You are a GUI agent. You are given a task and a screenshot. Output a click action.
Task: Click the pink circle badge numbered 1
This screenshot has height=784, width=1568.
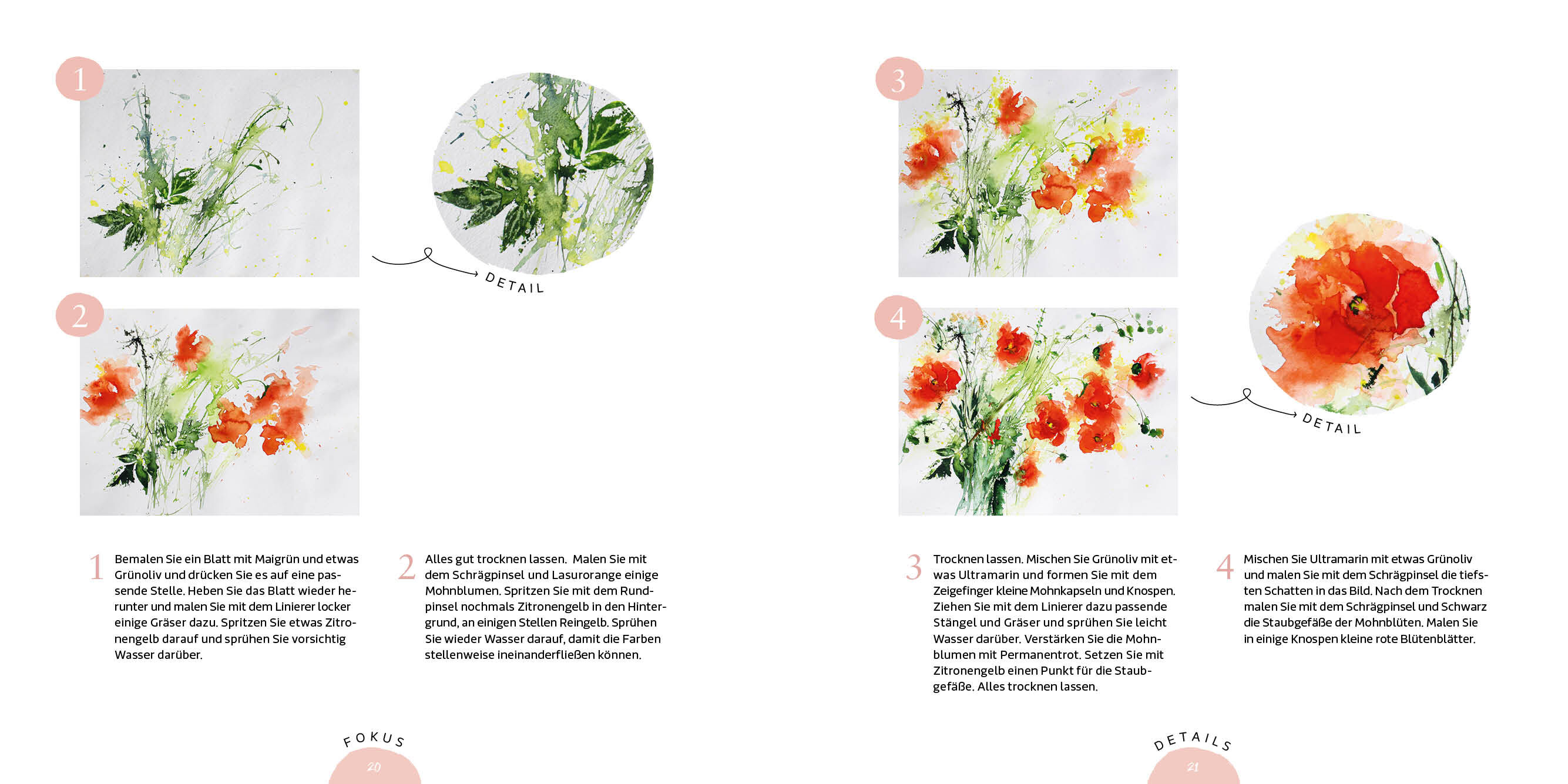(80, 79)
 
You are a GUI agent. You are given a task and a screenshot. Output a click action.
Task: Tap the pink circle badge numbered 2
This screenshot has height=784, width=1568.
(80, 315)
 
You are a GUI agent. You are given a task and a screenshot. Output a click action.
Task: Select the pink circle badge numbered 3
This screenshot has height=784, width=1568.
(899, 79)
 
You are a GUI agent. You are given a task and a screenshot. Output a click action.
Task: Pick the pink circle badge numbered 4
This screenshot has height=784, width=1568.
(898, 317)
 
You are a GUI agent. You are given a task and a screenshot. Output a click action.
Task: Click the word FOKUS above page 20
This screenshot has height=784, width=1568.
(374, 739)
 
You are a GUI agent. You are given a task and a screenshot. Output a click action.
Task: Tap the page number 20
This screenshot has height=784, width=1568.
(374, 767)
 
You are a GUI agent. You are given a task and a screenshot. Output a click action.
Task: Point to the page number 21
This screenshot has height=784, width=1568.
(1193, 767)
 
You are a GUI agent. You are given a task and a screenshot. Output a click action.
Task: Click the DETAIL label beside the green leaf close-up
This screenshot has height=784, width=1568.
(515, 283)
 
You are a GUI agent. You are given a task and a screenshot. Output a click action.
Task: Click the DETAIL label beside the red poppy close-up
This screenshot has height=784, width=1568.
(1332, 423)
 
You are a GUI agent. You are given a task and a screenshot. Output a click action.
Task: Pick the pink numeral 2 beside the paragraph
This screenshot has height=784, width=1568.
(407, 567)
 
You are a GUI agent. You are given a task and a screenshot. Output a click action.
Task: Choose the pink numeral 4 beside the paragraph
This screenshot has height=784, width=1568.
(1225, 567)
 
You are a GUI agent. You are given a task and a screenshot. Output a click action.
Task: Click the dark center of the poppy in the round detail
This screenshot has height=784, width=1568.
(1356, 304)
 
